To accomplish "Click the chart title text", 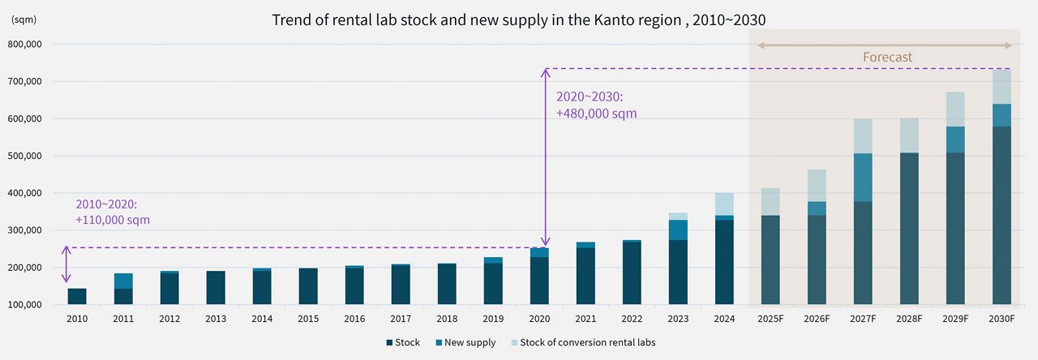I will pos(519,20).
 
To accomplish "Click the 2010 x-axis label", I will pos(77,319).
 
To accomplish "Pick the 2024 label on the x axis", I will pos(723,319).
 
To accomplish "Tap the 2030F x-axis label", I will pos(1001,319).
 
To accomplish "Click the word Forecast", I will pos(887,58).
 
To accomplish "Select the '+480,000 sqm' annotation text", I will pos(596,114).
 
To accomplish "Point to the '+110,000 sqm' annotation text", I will pos(113,220).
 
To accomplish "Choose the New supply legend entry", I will pos(466,343).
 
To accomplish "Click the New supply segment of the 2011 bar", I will pos(123,281).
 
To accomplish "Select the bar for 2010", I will pos(77,297).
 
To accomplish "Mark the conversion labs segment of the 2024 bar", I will pos(723,204).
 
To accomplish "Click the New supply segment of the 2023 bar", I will pos(677,230).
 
